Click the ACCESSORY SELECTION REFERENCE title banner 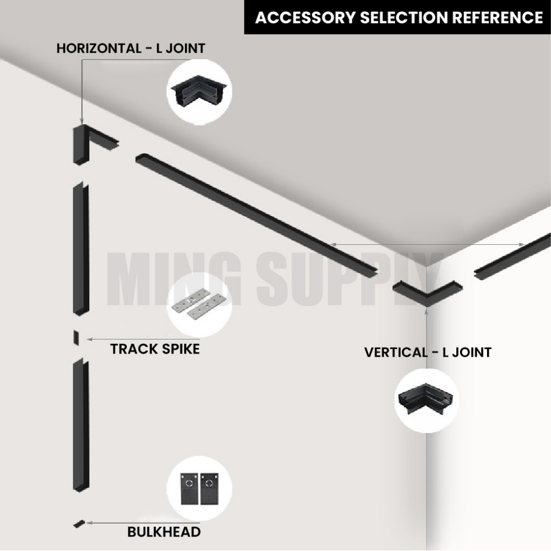pos(398,17)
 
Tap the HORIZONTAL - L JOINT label pos(131,48)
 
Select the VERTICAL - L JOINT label pos(428,353)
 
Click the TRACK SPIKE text pos(155,349)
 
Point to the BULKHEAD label pos(164,532)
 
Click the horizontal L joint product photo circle pos(200,93)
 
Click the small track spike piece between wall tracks pos(76,338)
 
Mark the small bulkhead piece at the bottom pos(79,523)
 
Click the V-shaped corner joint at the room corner pos(426,292)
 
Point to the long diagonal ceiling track pos(258,215)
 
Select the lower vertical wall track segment pos(81,425)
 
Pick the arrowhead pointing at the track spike pos(89,339)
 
